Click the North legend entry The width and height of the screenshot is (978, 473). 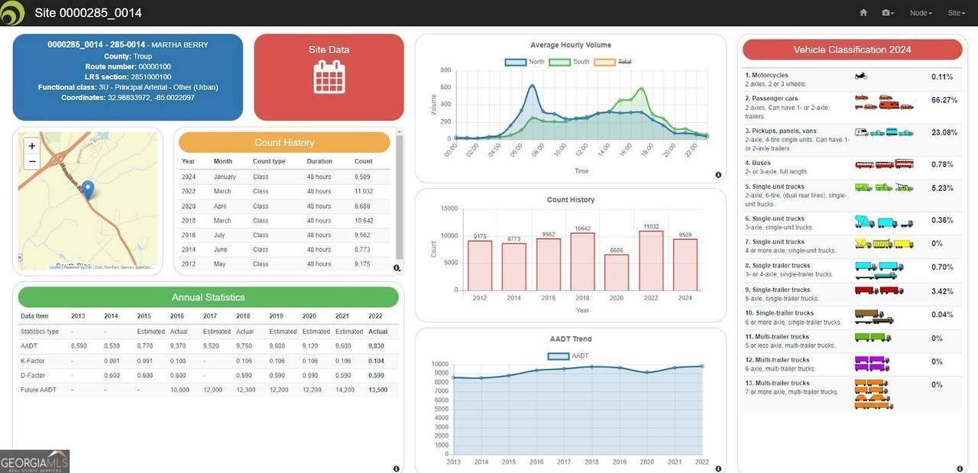(x=525, y=61)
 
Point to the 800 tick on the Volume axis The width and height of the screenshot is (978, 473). (x=445, y=70)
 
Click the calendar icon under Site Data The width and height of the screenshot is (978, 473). (x=329, y=76)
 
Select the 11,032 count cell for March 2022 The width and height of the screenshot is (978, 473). (x=364, y=191)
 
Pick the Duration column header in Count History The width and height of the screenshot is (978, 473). (x=319, y=162)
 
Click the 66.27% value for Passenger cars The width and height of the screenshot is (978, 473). (x=944, y=100)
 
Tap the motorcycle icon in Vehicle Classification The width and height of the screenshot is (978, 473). (x=860, y=76)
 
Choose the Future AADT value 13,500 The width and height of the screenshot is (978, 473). (x=377, y=390)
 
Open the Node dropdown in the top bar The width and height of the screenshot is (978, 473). (x=921, y=13)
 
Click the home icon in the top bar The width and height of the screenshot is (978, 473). (x=863, y=13)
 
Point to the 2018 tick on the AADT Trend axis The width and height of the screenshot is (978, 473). (x=592, y=462)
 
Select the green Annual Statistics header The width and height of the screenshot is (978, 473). (x=208, y=297)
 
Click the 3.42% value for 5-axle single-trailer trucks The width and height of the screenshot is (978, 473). (x=942, y=291)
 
